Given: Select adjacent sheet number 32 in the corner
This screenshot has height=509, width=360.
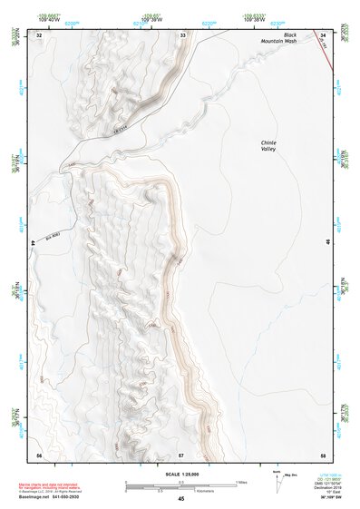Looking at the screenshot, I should pyautogui.click(x=38, y=34).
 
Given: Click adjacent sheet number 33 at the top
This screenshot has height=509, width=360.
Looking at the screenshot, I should pyautogui.click(x=182, y=34).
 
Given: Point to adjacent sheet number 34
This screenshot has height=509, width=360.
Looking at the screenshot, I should pyautogui.click(x=324, y=34).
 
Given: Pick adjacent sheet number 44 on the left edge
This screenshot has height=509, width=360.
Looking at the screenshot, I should pyautogui.click(x=34, y=242).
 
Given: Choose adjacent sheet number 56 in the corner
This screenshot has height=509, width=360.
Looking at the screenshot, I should pyautogui.click(x=38, y=453).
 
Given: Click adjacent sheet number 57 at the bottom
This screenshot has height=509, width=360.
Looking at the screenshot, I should pyautogui.click(x=181, y=453).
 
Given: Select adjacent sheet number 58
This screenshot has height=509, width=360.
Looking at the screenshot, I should pyautogui.click(x=324, y=453).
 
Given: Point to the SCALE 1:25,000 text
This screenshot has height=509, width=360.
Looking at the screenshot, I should pyautogui.click(x=181, y=474).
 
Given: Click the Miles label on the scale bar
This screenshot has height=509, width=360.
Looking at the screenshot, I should pyautogui.click(x=241, y=480).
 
